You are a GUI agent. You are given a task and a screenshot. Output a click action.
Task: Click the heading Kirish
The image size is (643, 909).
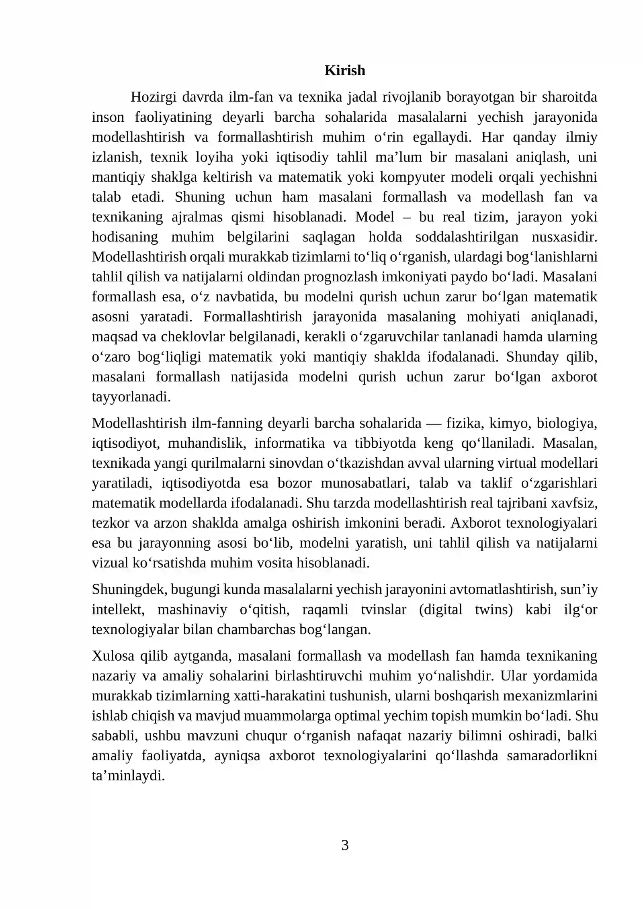pos(344,70)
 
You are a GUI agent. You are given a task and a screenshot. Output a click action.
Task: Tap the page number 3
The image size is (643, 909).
pos(344,845)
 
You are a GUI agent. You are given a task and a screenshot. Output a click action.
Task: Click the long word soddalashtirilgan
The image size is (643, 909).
pos(467,237)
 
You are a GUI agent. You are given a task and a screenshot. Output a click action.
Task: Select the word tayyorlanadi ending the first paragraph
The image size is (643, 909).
pos(131,397)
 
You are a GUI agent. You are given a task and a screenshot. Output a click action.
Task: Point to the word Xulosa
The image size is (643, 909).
pos(113,656)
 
